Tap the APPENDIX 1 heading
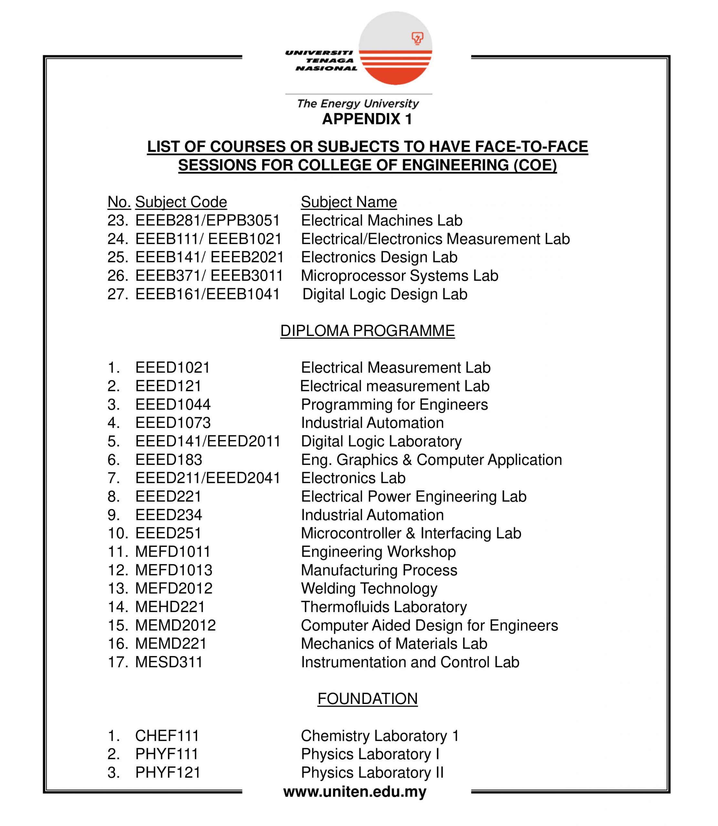[x=367, y=119]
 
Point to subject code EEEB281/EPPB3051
[x=207, y=220]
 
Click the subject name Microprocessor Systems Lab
[x=399, y=276]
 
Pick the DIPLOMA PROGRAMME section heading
[x=367, y=331]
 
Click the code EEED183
[x=169, y=460]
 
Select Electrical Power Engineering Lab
[x=414, y=497]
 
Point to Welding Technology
[x=369, y=588]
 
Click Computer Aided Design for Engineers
[x=429, y=625]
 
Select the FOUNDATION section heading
[x=367, y=699]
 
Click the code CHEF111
[x=167, y=736]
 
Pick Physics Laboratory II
[x=372, y=772]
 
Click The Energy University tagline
[x=358, y=104]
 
